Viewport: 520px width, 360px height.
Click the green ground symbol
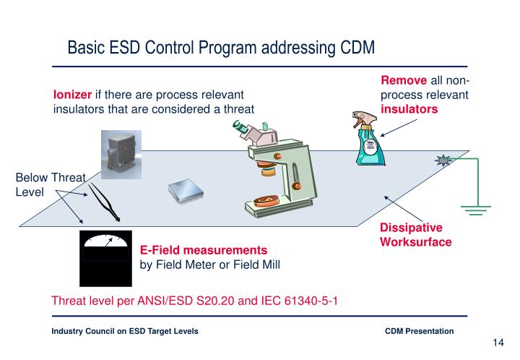pos(474,209)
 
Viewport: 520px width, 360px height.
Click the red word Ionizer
pos(71,95)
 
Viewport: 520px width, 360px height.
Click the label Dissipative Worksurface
pos(415,234)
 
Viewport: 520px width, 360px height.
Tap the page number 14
pos(497,343)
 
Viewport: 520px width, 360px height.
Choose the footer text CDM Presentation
pos(420,330)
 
